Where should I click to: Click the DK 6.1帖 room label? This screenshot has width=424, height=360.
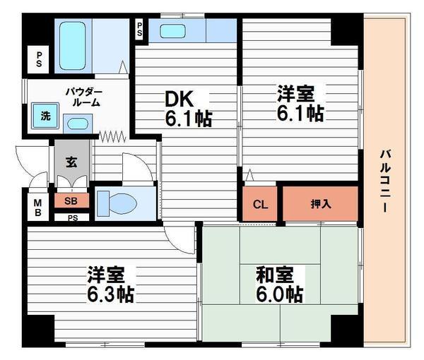188,109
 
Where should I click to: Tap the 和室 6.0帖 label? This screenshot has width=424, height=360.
279,284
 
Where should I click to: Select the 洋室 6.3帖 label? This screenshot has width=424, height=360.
111,284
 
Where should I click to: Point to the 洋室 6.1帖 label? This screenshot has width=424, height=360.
300,103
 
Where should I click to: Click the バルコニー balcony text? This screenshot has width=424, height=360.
385,181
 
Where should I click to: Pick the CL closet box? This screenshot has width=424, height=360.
260,203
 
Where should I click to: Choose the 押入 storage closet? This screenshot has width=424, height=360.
320,203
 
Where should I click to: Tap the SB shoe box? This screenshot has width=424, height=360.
71,200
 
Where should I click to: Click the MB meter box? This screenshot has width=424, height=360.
38,207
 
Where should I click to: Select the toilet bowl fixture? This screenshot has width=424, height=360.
117,203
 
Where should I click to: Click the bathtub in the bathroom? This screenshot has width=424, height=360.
73,46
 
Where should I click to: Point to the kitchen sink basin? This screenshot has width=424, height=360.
172,31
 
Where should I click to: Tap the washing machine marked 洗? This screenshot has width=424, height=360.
45,116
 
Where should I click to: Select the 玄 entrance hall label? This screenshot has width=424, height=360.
71,162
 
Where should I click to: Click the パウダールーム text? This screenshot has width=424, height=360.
84,97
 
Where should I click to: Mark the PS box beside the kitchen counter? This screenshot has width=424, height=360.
139,30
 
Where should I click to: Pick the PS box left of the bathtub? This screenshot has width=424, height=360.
39,59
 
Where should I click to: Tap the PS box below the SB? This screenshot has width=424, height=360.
72,217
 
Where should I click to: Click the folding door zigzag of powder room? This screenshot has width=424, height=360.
112,136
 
